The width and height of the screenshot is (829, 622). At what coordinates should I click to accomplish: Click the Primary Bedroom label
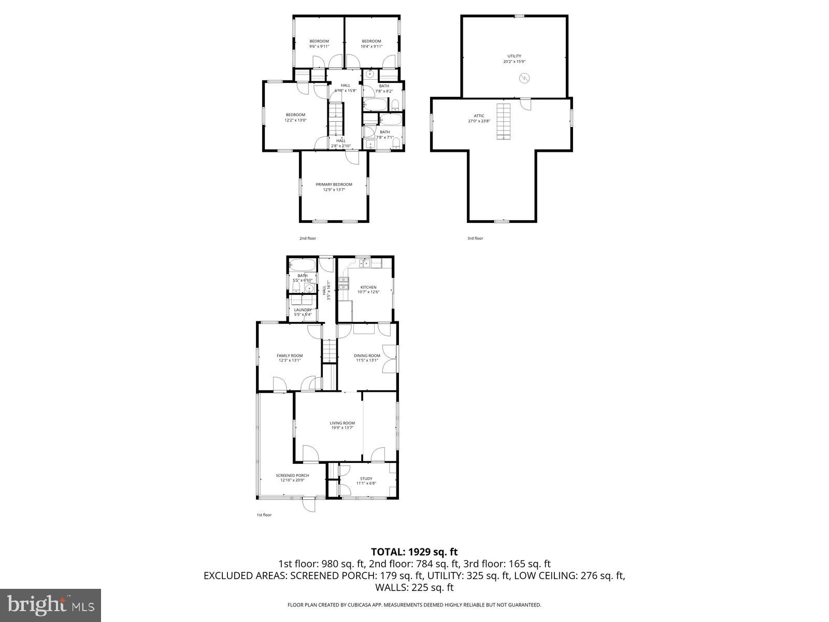(x=334, y=185)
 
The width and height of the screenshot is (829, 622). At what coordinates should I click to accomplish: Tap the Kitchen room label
(x=368, y=287)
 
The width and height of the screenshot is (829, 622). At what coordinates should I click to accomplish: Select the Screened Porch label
(x=292, y=475)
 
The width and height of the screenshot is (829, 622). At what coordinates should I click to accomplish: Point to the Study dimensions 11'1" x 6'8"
(x=366, y=483)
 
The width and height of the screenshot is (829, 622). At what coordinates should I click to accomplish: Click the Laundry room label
(x=303, y=310)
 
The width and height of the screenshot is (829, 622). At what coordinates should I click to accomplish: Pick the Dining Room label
(x=367, y=356)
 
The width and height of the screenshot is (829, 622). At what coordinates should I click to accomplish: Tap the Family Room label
(x=289, y=356)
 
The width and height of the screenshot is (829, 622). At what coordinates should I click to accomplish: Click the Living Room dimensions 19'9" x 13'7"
(x=342, y=428)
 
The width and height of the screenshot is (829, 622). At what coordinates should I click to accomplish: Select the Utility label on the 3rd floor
(x=514, y=56)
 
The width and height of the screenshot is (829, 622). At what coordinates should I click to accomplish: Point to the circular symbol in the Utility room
(x=524, y=78)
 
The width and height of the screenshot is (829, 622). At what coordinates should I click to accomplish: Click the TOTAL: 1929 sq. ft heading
(x=414, y=552)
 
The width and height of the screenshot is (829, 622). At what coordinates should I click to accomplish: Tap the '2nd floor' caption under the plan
(x=307, y=238)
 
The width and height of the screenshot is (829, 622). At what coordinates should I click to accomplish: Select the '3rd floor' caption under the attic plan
(x=475, y=238)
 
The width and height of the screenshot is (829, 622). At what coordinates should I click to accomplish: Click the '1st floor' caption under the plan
(x=264, y=515)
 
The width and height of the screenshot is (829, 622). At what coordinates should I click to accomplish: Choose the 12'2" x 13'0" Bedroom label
(x=295, y=117)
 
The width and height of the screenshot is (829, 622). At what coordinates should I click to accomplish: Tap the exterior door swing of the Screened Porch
(x=309, y=504)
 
